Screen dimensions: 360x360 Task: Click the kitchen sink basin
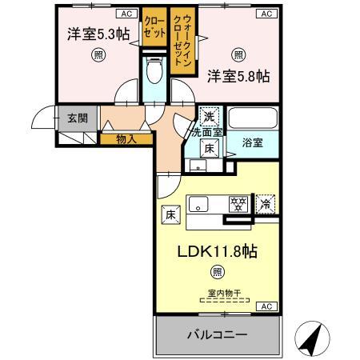(200, 203)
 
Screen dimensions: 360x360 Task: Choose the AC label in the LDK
(266, 306)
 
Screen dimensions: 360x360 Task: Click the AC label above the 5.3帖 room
(126, 14)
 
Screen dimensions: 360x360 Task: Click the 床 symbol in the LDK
(170, 214)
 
